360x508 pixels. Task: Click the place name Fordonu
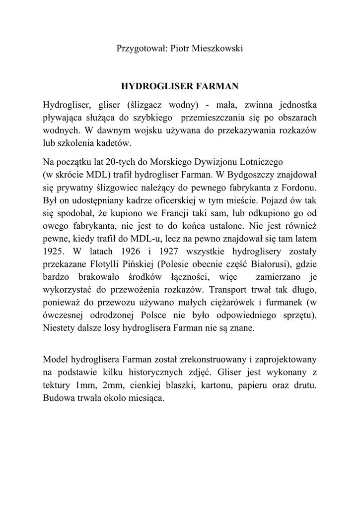pos(297,189)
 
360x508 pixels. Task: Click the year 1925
pos(54,253)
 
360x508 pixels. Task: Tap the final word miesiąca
pos(148,398)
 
